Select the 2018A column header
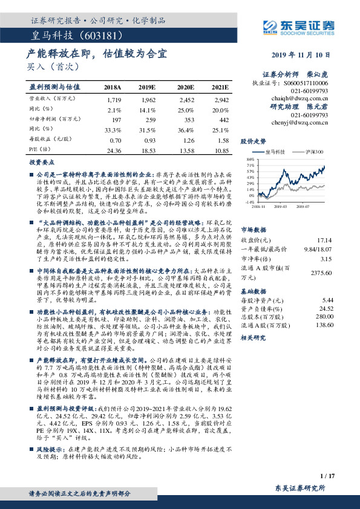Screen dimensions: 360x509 tap(113, 87)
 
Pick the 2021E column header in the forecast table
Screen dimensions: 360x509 tap(220, 87)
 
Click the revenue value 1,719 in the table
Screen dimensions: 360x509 tap(114, 99)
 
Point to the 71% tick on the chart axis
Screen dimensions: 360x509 tap(249, 164)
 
